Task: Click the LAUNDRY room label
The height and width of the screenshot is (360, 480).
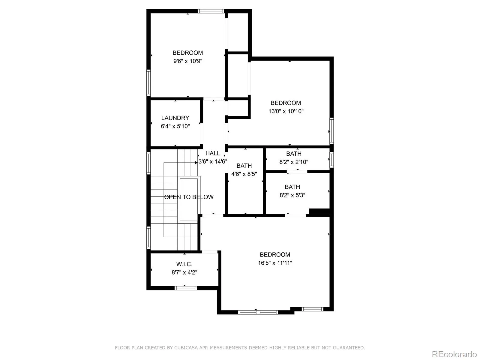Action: [x=175, y=118]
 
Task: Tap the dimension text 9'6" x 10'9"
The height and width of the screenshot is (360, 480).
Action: [x=187, y=61]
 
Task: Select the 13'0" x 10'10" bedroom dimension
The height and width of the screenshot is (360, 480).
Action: [x=286, y=111]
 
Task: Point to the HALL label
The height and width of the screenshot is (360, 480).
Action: [x=213, y=153]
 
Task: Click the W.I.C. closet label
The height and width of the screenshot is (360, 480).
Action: [x=184, y=264]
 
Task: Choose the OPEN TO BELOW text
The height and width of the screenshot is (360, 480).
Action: [x=189, y=197]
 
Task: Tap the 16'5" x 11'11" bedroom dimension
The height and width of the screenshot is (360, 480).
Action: [x=275, y=263]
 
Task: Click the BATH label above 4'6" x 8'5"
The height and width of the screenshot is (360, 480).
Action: [x=244, y=166]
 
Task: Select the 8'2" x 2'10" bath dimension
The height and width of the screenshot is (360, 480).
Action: [x=294, y=162]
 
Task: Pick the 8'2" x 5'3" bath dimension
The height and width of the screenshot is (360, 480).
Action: [x=292, y=195]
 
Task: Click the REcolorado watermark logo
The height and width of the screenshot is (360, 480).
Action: [x=454, y=354]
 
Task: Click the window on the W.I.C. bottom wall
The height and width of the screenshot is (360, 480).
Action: [x=186, y=288]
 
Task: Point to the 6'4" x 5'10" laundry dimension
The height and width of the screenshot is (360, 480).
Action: [x=175, y=126]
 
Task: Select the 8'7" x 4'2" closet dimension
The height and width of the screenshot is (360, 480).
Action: [x=184, y=273]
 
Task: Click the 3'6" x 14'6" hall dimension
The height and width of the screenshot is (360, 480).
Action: [x=213, y=161]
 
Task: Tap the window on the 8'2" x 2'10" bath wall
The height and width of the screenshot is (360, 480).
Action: [x=331, y=160]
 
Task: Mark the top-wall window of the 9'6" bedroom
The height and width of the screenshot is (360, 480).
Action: [x=211, y=11]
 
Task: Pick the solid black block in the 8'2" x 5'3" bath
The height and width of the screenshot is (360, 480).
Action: [x=319, y=211]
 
